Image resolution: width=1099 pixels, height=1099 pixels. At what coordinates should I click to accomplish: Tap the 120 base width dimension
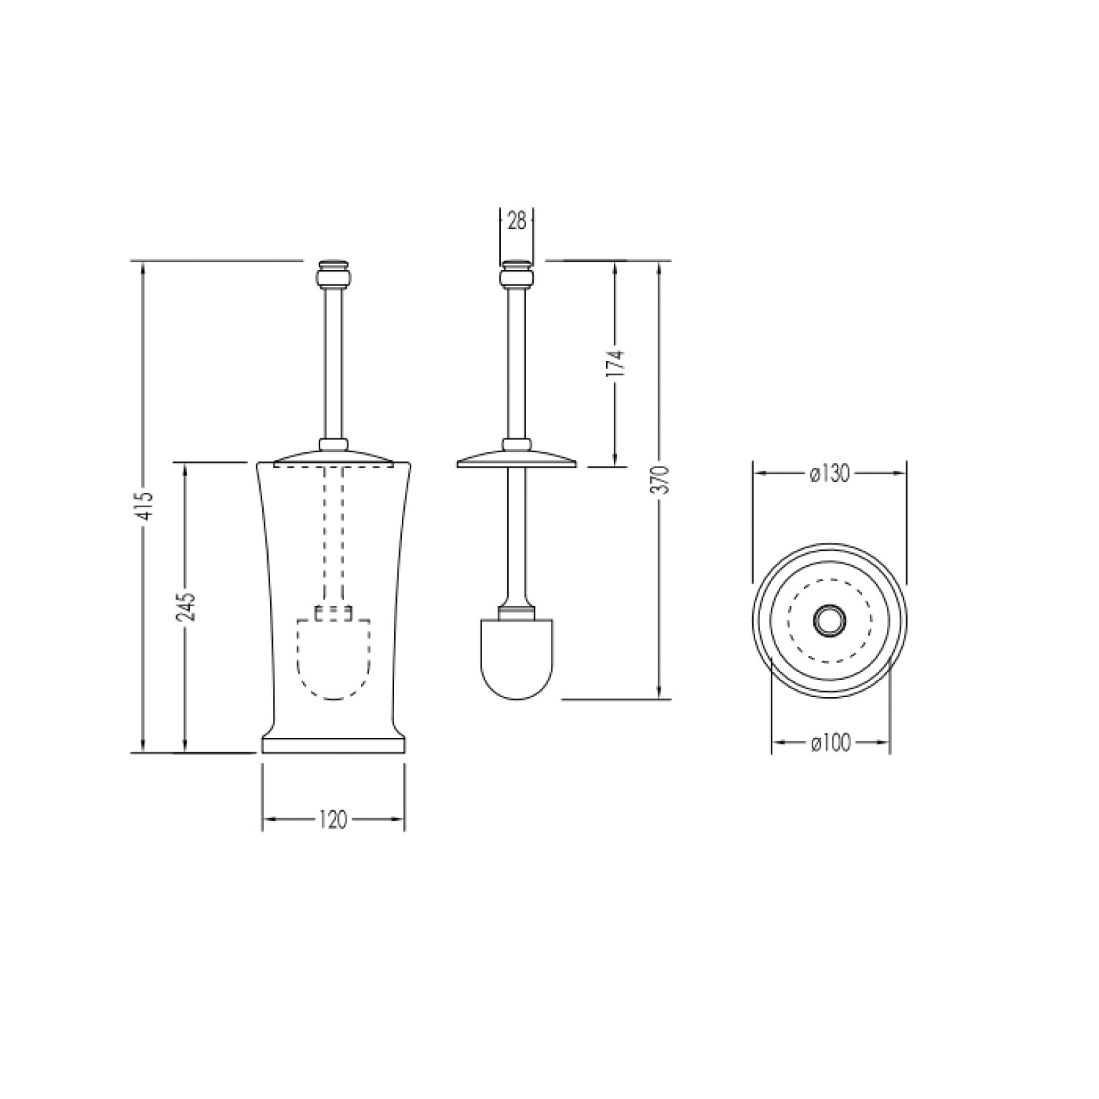(333, 820)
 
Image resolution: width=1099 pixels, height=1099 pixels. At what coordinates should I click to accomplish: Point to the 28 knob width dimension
(517, 221)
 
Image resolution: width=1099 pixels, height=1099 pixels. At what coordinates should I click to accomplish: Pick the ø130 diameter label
(829, 474)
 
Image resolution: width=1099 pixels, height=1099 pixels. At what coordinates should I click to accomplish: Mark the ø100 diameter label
(830, 744)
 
